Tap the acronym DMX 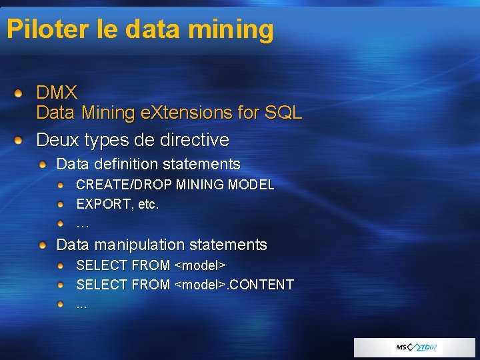click(x=57, y=92)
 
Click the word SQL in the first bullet click(x=283, y=113)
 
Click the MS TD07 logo click(x=416, y=347)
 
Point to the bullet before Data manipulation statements click(x=43, y=245)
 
